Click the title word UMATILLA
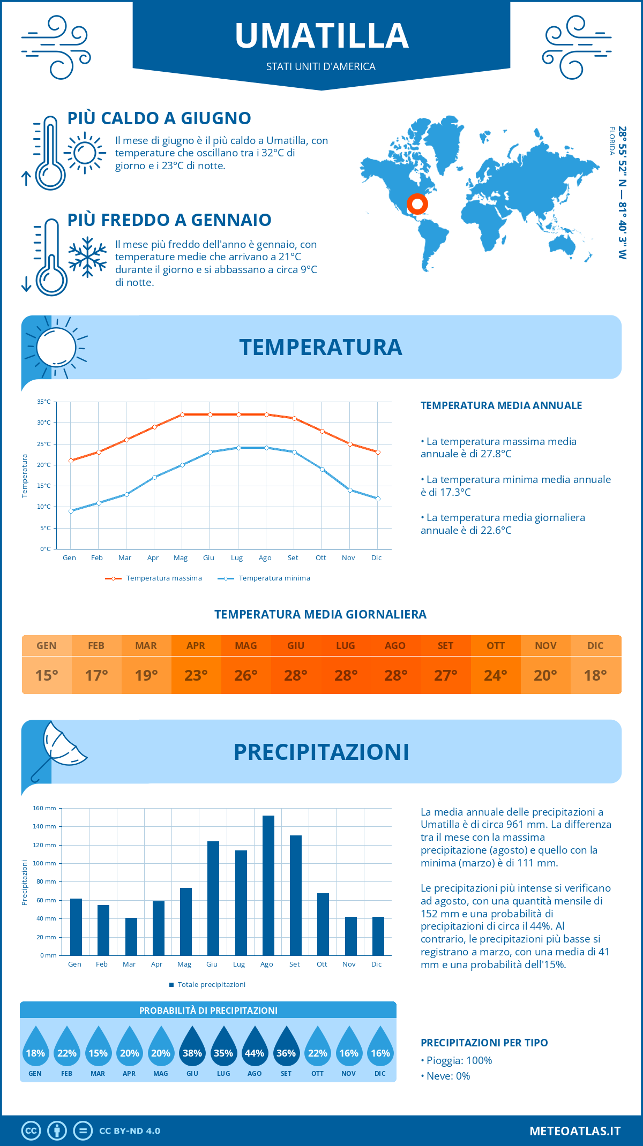(322, 36)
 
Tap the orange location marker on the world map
(417, 204)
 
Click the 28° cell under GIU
(296, 675)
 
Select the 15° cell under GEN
(47, 675)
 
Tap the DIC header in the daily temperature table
(595, 646)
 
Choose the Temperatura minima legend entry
(265, 578)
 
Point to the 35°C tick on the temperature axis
(44, 402)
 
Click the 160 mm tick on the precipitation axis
(45, 808)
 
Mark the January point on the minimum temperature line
(71, 511)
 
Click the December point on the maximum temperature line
(378, 452)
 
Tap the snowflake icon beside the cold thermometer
(87, 257)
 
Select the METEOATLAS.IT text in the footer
(575, 1131)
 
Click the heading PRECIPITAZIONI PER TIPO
(484, 1043)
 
